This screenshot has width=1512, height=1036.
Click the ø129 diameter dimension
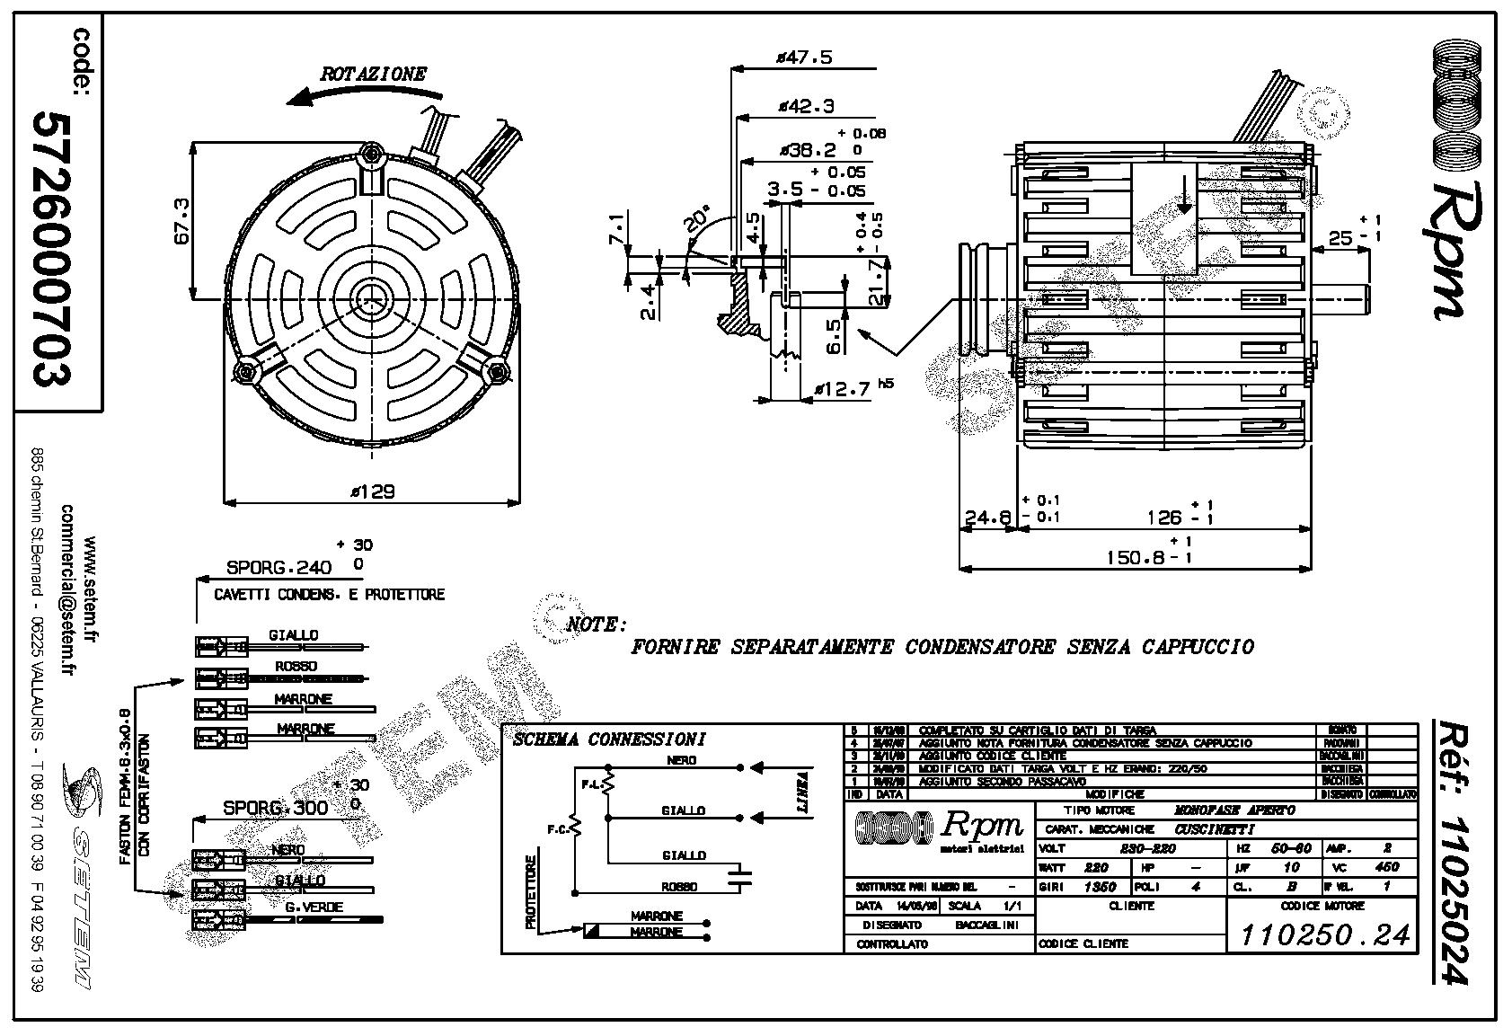(x=373, y=492)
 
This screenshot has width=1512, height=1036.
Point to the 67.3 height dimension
(x=181, y=221)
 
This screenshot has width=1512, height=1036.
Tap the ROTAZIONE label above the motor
(x=373, y=74)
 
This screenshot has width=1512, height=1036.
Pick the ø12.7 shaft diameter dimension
(x=844, y=389)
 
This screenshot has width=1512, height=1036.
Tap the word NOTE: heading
(x=597, y=624)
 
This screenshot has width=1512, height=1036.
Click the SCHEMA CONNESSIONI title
(x=609, y=739)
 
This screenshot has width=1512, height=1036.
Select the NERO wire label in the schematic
(x=683, y=760)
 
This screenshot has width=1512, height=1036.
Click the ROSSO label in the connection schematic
(x=679, y=887)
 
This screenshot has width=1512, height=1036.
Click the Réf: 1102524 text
(x=1453, y=852)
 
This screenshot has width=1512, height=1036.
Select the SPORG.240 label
(x=279, y=568)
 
